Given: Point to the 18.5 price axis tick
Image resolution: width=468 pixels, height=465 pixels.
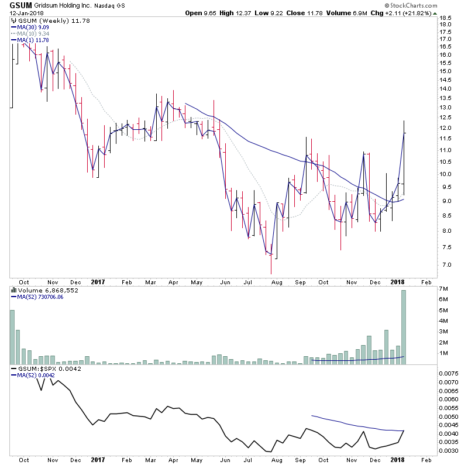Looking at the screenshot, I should pos(446,18).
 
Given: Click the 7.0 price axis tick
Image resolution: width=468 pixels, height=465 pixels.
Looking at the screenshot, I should pos(445,264).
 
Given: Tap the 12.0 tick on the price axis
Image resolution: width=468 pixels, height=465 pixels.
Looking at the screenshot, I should pos(446,128).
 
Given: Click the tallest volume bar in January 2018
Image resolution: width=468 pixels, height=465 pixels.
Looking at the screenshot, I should pos(404,328).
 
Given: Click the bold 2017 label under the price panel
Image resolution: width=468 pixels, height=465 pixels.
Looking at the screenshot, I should pos(98,281).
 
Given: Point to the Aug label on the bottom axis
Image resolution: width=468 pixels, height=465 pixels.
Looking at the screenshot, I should pos(278,281).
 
